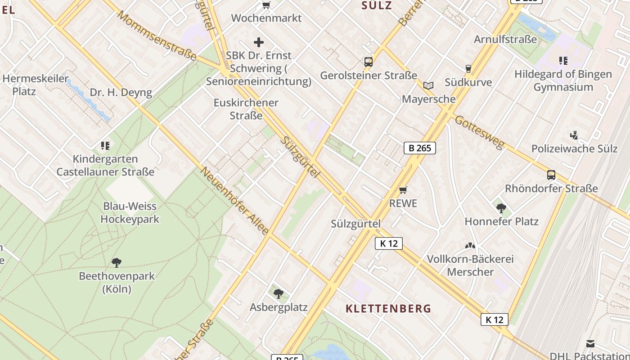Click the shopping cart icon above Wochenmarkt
click(x=266, y=5)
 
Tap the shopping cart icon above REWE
click(x=403, y=190)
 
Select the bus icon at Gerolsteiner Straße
click(x=368, y=62)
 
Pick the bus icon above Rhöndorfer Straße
click(x=551, y=175)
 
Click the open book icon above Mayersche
click(x=428, y=85)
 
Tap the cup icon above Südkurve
click(x=468, y=69)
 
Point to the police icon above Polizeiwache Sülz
click(x=574, y=135)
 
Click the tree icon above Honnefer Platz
click(x=501, y=208)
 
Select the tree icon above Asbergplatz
click(x=279, y=294)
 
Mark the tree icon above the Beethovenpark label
click(x=117, y=262)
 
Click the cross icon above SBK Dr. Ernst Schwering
click(x=259, y=42)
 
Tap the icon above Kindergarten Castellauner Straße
click(x=105, y=145)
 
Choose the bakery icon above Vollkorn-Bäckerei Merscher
click(x=470, y=246)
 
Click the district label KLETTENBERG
click(x=388, y=309)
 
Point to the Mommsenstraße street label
click(x=157, y=36)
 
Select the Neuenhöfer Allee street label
click(x=234, y=201)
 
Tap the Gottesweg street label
click(x=479, y=132)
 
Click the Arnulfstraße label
click(x=505, y=39)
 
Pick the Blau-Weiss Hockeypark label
click(x=130, y=213)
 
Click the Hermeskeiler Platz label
click(x=36, y=85)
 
